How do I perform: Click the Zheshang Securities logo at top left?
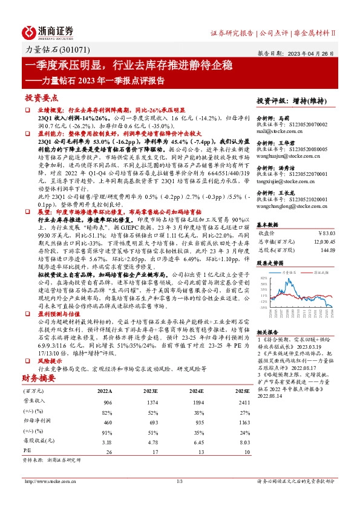pyautogui.click(x=48, y=31)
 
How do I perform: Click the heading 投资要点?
pyautogui.click(x=42, y=97)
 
